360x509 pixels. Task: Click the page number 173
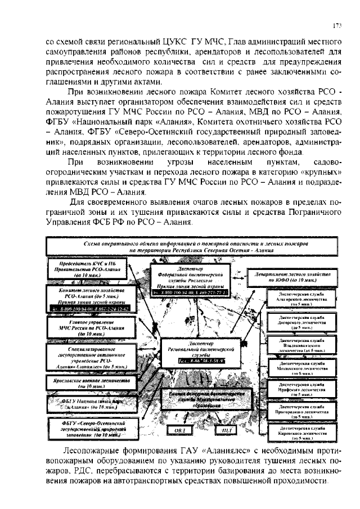[x=337, y=25]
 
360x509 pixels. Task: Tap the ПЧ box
[x=227, y=430]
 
